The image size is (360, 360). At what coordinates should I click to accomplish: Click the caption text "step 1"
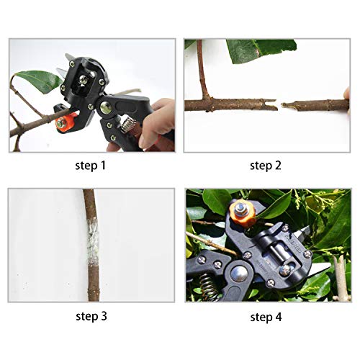91,165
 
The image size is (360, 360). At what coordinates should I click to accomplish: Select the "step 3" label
91,315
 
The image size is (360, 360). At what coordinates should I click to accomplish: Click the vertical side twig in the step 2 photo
202,72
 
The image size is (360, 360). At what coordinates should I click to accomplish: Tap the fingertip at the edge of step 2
346,94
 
